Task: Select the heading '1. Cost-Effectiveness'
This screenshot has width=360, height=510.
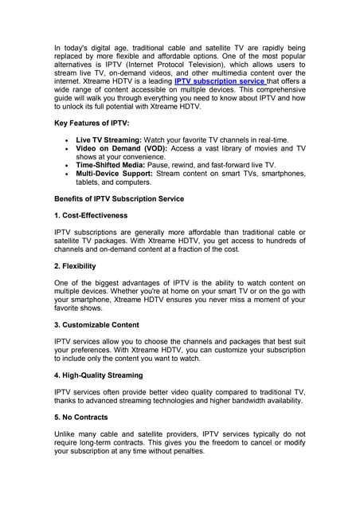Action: coord(90,215)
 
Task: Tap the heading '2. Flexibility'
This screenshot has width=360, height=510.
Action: coord(75,265)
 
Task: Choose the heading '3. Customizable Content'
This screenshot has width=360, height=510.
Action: coord(96,324)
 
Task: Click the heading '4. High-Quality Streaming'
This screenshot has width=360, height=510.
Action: coord(99,375)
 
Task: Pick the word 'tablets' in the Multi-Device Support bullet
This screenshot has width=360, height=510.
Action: coord(89,183)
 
